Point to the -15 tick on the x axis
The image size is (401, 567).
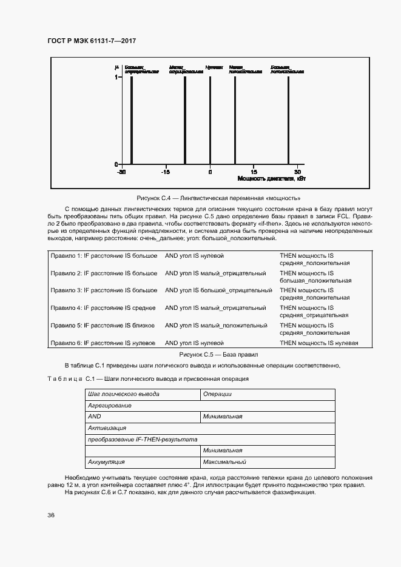[166, 172]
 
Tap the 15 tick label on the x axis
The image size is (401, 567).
[254, 172]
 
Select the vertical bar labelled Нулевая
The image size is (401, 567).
[210, 121]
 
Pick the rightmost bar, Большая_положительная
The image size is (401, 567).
[288, 121]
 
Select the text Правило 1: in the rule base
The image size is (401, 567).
[66, 256]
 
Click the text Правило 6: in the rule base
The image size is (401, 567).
[66, 343]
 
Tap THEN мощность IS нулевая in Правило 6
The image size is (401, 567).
[318, 343]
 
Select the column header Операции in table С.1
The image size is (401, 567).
[218, 394]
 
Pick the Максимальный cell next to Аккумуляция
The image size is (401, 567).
[224, 462]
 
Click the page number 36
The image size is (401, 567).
[52, 515]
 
